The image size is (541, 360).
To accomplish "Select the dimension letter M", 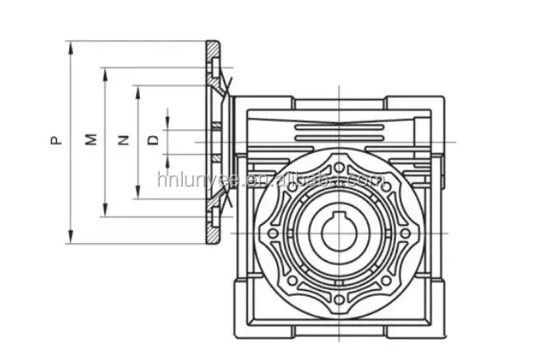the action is pos(92,141).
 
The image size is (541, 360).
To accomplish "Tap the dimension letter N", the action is pos(124,141).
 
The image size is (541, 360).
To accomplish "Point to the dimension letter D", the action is pos(153,141).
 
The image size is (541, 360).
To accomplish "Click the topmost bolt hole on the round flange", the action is pos(338,167).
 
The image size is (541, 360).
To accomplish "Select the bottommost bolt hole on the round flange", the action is pos(338,299).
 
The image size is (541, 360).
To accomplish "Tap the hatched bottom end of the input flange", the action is pos(212,235).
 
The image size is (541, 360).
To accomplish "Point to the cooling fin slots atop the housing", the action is pos(338,129).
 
